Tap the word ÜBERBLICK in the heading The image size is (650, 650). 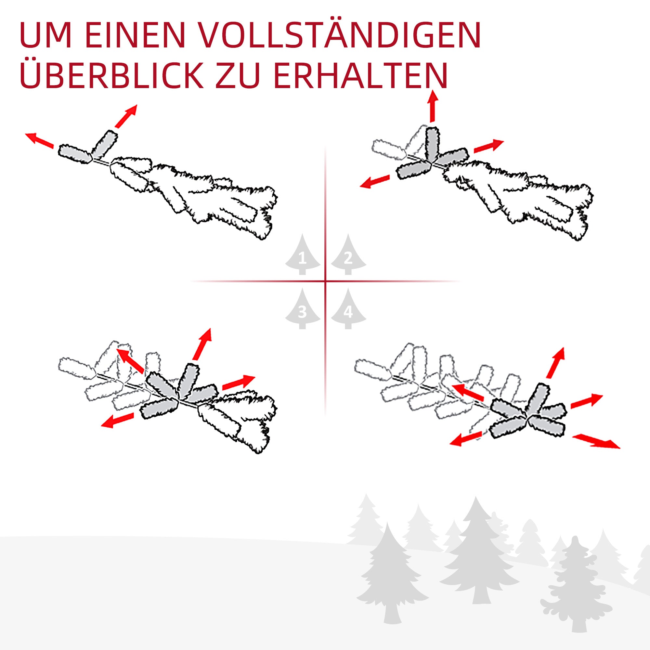click(x=111, y=76)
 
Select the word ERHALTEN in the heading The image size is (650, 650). click(x=360, y=76)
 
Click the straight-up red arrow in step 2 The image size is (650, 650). click(x=433, y=106)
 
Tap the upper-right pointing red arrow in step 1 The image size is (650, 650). click(x=126, y=116)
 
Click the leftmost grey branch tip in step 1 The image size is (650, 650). click(x=75, y=154)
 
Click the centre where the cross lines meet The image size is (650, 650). click(x=325, y=281)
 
